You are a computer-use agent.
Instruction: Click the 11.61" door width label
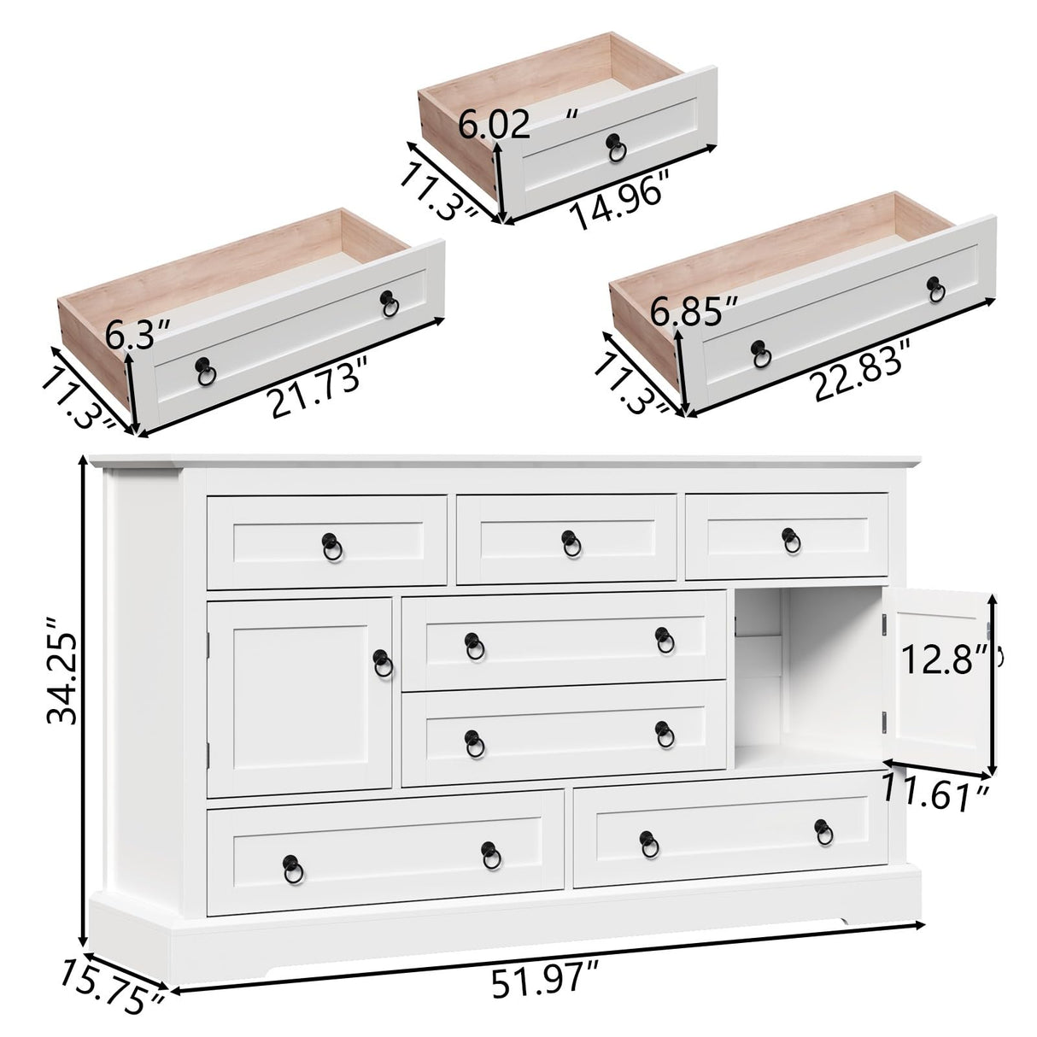pyautogui.click(x=936, y=795)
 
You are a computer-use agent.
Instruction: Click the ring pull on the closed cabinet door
pyautogui.click(x=383, y=660)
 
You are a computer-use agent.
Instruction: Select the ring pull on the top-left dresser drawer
pyautogui.click(x=331, y=543)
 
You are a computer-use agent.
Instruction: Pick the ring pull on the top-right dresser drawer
pyautogui.click(x=791, y=539)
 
